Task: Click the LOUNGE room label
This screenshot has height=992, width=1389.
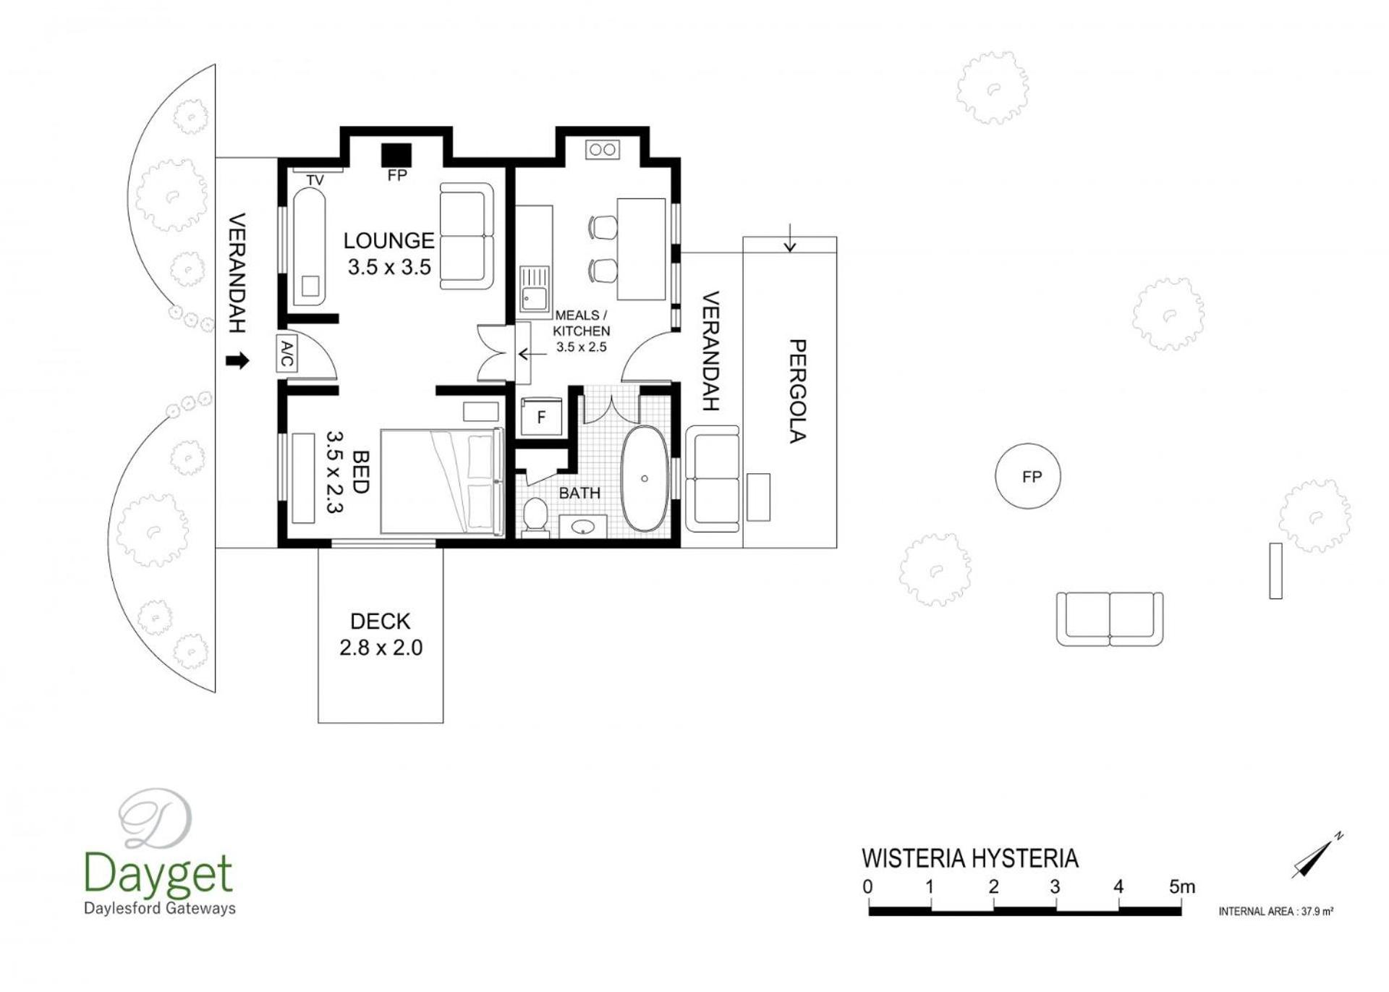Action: click(388, 240)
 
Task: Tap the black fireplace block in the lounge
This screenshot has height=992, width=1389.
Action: click(396, 154)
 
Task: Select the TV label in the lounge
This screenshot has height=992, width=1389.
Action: click(315, 180)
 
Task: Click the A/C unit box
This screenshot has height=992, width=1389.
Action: click(287, 354)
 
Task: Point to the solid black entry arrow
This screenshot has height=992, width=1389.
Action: click(237, 360)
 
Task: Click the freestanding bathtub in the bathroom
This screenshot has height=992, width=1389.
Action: click(645, 478)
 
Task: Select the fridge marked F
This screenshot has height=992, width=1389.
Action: click(541, 417)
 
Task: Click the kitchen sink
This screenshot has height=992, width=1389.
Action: click(535, 289)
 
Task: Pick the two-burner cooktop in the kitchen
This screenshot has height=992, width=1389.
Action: click(603, 150)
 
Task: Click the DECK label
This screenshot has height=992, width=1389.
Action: click(380, 622)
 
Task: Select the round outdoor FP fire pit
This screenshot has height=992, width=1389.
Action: click(1028, 476)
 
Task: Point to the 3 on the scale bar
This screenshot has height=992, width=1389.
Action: click(1055, 886)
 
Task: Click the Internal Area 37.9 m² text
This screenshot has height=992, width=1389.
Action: click(1276, 912)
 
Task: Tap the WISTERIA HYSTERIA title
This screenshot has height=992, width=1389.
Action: click(970, 859)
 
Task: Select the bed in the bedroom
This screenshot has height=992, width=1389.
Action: click(442, 482)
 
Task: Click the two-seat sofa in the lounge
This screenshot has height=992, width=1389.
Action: click(467, 236)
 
